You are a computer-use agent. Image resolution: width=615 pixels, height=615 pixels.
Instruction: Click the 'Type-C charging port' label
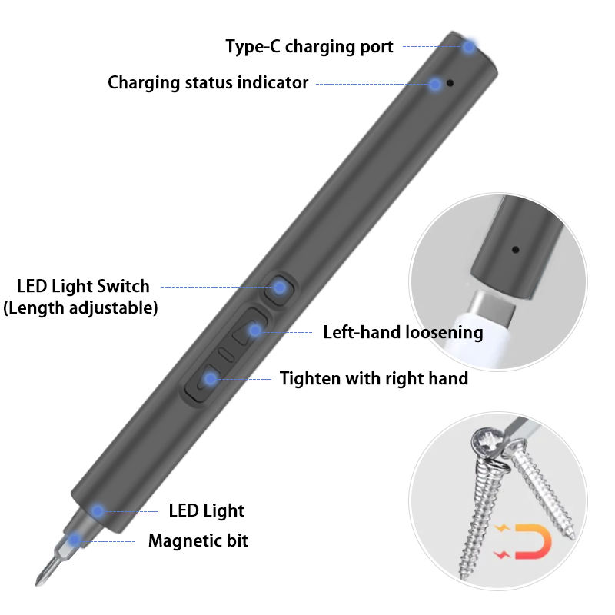[x=309, y=47]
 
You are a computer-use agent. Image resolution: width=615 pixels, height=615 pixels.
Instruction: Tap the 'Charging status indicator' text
[x=208, y=82]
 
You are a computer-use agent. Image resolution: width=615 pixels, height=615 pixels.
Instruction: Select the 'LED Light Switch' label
[x=83, y=287]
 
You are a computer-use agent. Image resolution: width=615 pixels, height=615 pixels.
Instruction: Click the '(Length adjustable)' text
[x=81, y=308]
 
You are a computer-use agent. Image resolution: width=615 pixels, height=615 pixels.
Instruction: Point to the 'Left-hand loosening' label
[x=403, y=332]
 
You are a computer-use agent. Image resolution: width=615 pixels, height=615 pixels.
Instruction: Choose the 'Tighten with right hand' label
[x=374, y=378]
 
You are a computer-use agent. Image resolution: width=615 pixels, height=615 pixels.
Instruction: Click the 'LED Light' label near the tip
[x=206, y=510]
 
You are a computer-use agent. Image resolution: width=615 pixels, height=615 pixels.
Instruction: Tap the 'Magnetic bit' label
[x=198, y=540]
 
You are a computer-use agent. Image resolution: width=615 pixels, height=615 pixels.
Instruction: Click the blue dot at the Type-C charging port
[x=468, y=46]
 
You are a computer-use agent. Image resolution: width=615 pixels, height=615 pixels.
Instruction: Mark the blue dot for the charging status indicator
[x=435, y=84]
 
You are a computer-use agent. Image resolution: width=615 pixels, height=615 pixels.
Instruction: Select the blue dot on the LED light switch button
[x=280, y=288]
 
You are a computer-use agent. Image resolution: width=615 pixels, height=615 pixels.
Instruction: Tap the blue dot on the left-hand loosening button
[x=255, y=331]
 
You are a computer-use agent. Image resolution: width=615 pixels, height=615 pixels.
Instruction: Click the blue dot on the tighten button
[x=210, y=378]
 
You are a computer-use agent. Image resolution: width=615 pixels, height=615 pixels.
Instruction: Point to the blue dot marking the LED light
[x=98, y=510]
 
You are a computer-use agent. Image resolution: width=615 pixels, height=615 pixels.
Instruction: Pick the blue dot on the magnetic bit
[x=74, y=541]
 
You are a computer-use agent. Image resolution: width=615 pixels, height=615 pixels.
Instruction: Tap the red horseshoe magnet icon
[x=534, y=541]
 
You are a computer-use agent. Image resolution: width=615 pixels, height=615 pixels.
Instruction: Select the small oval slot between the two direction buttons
[x=225, y=354]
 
